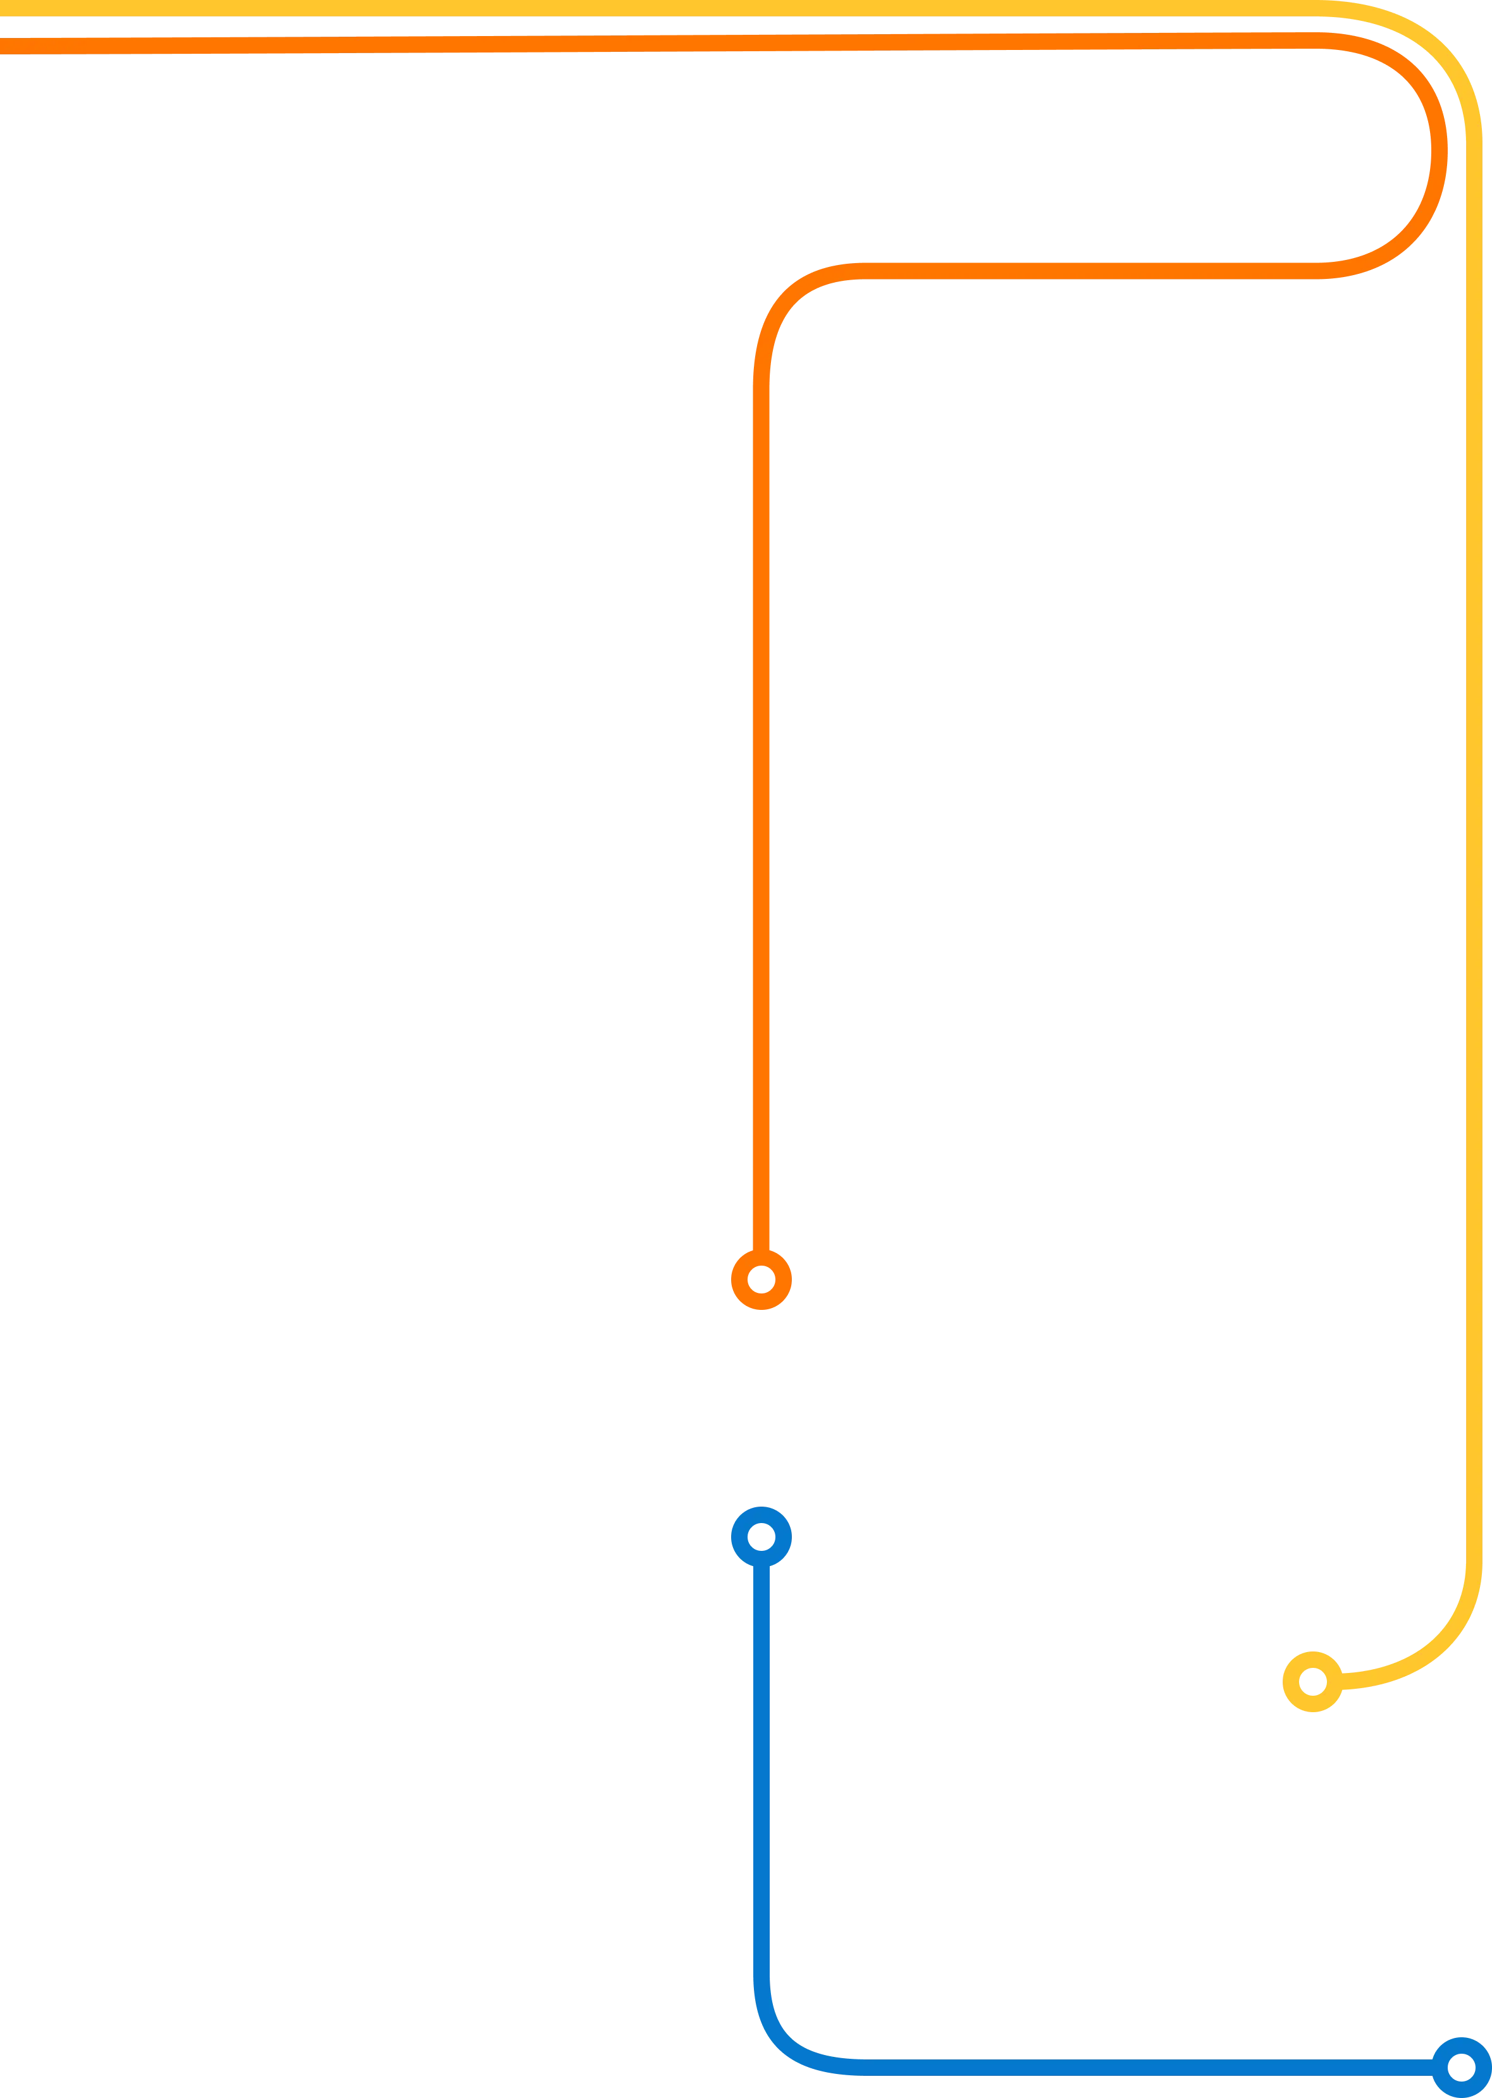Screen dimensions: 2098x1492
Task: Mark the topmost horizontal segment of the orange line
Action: pyautogui.click(x=643, y=43)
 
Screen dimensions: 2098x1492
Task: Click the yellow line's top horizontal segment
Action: pyautogui.click(x=643, y=8)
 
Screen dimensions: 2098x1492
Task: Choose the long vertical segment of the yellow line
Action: pyautogui.click(x=1472, y=827)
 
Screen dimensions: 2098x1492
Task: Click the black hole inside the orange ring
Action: pyautogui.click(x=761, y=1279)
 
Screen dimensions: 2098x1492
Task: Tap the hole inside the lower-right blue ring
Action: pyautogui.click(x=1461, y=2068)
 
